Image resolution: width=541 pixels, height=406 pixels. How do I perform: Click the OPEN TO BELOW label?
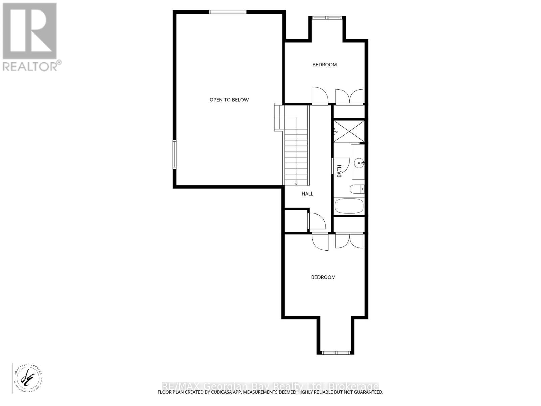[x=229, y=100]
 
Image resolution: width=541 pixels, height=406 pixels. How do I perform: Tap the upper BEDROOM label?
[x=324, y=65]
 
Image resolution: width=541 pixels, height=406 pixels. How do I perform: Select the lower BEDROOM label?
[x=323, y=277]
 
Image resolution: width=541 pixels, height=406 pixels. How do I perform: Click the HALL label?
[x=307, y=194]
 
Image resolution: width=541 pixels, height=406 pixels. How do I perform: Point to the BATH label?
[x=339, y=171]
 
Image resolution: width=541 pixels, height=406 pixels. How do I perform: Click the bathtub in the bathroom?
[x=349, y=206]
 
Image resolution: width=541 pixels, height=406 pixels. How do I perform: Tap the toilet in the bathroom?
[x=357, y=189]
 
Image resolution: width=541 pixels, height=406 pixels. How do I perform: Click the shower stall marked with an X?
[x=349, y=131]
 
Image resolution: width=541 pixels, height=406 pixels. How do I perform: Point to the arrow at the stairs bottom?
[x=296, y=184]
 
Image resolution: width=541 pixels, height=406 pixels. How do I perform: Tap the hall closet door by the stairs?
[x=317, y=221]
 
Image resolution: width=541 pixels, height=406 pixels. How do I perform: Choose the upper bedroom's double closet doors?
[x=349, y=96]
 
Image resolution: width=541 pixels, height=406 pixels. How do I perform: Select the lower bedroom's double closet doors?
[x=349, y=241]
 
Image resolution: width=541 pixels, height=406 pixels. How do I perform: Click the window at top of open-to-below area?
[x=228, y=12]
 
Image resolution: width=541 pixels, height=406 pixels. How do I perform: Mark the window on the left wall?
[x=174, y=155]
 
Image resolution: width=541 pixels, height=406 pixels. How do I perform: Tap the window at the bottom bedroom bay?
[x=335, y=353]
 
